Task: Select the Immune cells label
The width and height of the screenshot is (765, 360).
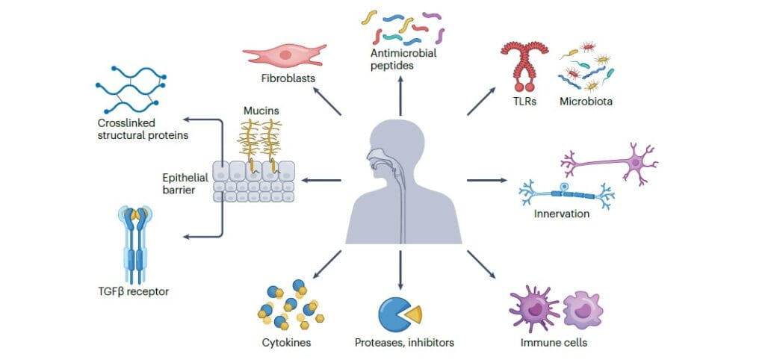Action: (x=554, y=343)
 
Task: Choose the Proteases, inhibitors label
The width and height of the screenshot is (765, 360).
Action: (x=404, y=343)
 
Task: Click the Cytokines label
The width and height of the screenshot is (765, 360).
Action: (x=287, y=343)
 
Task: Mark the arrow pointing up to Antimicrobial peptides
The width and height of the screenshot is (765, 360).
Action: (x=400, y=96)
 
